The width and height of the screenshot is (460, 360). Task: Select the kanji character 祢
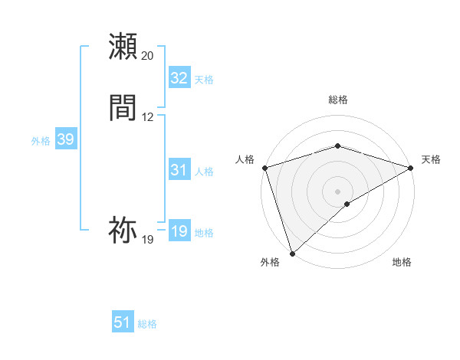[123, 229]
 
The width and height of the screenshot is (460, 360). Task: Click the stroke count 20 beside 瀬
[147, 56]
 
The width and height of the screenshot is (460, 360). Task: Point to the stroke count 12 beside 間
[147, 117]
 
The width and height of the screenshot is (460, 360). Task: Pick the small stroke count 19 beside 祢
[147, 240]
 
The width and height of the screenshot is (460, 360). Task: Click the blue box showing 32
[179, 78]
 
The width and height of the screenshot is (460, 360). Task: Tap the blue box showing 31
[179, 170]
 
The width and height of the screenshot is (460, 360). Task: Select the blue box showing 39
[65, 139]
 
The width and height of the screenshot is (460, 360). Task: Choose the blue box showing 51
[123, 322]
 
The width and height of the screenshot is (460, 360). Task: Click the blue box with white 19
[179, 231]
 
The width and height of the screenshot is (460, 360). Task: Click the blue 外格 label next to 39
[41, 140]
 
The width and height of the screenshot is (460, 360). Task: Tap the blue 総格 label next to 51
[147, 324]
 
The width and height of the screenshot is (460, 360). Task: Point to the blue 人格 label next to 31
[204, 172]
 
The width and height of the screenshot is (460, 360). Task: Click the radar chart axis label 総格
[337, 100]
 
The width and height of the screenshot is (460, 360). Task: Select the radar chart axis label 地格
[402, 262]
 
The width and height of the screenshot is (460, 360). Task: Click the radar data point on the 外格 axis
[292, 253]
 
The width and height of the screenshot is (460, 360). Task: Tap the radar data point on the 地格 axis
[347, 204]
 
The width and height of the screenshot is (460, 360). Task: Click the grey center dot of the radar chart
[337, 191]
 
